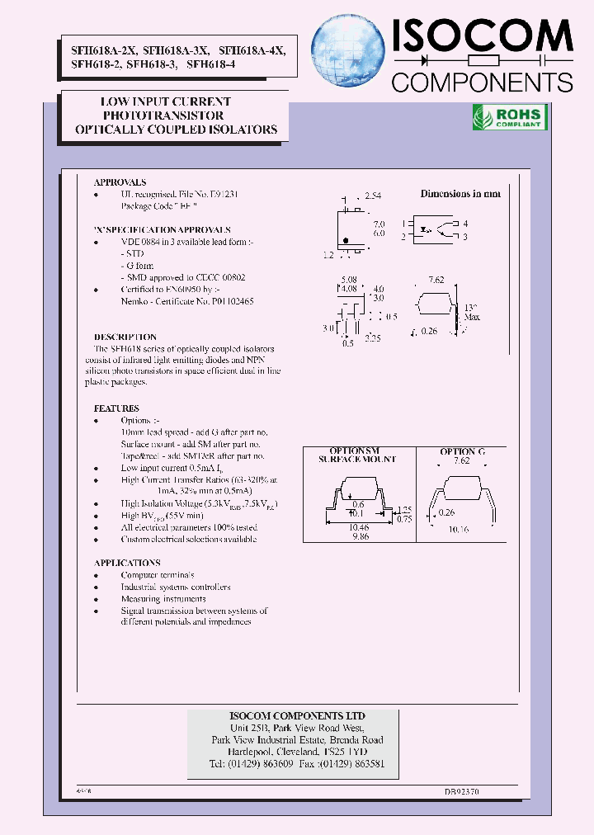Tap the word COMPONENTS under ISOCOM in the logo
click(x=482, y=82)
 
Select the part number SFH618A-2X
click(x=94, y=50)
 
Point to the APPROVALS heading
click(x=120, y=182)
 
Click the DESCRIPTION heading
click(x=125, y=337)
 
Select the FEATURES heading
click(x=116, y=408)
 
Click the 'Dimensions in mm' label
click(x=460, y=194)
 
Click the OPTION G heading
click(x=463, y=451)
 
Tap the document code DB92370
click(x=462, y=790)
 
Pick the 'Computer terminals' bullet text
click(x=158, y=575)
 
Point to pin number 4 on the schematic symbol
click(x=465, y=224)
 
